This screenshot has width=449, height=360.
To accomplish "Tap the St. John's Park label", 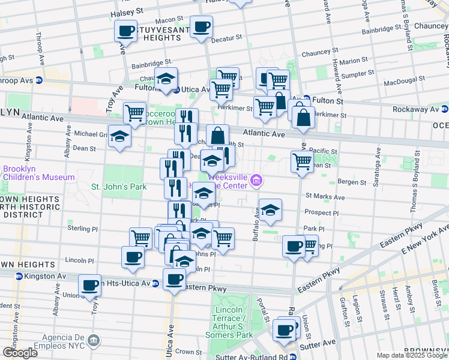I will tap(119, 187).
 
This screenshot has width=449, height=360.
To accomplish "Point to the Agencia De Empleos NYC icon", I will tap(93, 340).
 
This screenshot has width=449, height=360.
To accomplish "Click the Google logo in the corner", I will tap(20, 353).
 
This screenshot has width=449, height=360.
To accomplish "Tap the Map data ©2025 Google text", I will tap(411, 355).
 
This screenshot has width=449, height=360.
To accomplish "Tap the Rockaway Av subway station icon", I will tap(444, 109).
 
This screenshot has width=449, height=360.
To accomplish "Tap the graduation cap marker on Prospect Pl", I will tap(271, 209).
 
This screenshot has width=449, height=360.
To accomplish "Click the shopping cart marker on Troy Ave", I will tap(134, 112).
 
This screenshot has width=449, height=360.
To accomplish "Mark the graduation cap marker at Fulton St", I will tap(166, 79).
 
